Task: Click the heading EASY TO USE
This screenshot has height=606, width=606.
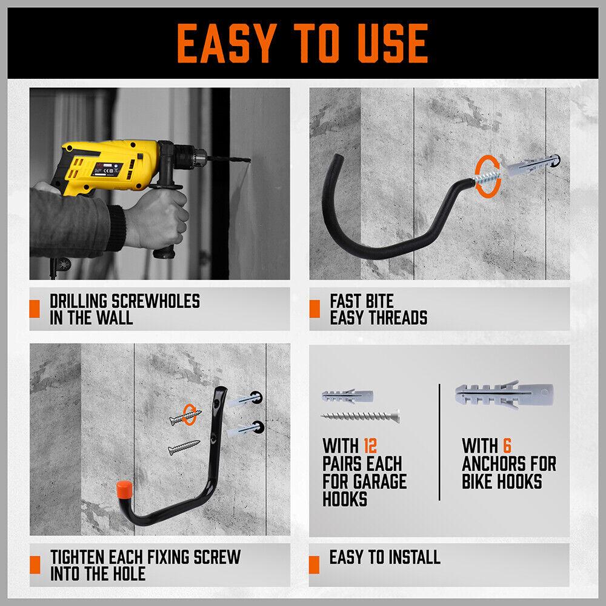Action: pyautogui.click(x=302, y=41)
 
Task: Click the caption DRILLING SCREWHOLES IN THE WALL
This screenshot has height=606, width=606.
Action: pyautogui.click(x=124, y=309)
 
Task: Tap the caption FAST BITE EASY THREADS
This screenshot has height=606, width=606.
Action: pyautogui.click(x=378, y=309)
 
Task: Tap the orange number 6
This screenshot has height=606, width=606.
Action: pyautogui.click(x=507, y=446)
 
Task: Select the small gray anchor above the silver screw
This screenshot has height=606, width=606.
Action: pyautogui.click(x=348, y=396)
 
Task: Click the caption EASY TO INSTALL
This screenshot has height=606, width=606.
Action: pyautogui.click(x=384, y=557)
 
